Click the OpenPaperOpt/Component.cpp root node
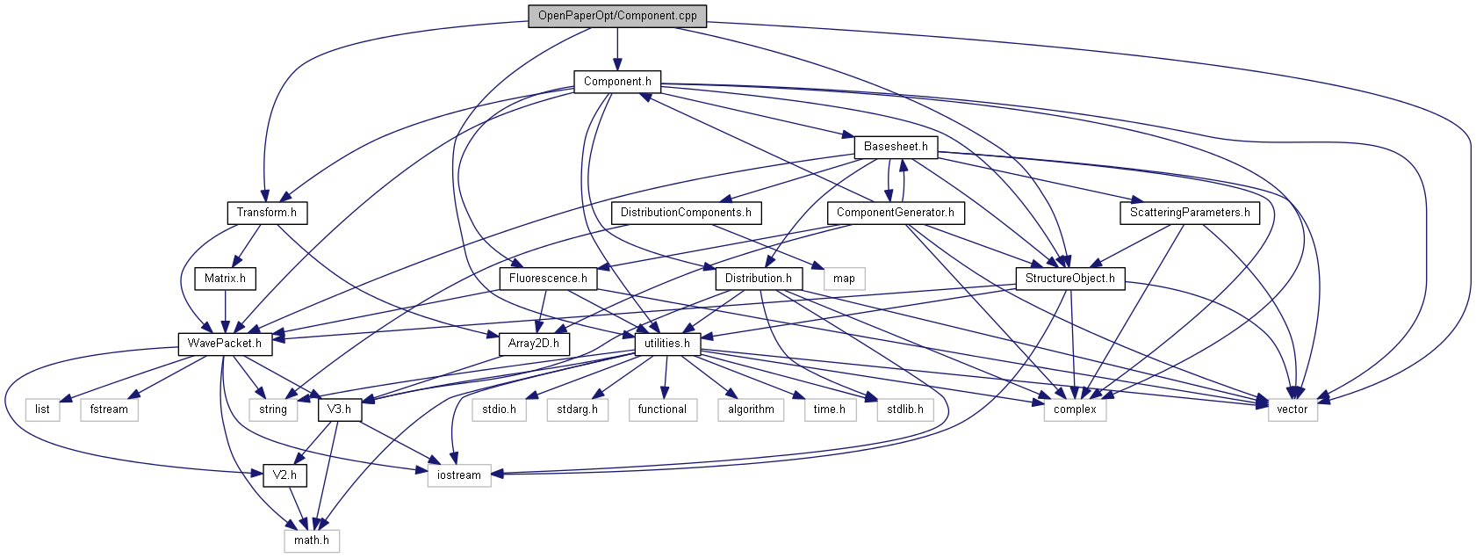coord(617,16)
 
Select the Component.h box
coord(617,82)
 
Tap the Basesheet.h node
coord(896,147)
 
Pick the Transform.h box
coord(266,213)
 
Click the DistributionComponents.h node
coord(686,213)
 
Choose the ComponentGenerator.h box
coord(895,213)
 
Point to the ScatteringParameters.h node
coord(1190,213)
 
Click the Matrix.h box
coord(225,279)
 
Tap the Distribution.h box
coord(759,279)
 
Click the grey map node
coord(844,279)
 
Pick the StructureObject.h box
coord(1069,279)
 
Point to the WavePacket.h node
coord(225,344)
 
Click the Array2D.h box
coord(534,344)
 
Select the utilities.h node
coord(667,344)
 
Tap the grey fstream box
coord(109,409)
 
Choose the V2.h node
coord(284,475)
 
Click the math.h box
coord(312,540)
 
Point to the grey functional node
coord(663,409)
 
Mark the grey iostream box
coord(459,475)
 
